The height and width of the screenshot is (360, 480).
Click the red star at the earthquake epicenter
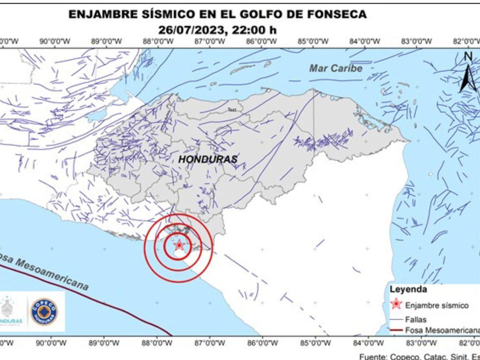pyautogui.click(x=179, y=244)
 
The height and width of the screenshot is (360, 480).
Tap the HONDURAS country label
pyautogui.click(x=208, y=159)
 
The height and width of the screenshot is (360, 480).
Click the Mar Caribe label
pyautogui.click(x=336, y=68)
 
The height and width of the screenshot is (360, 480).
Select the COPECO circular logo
pyautogui.click(x=44, y=312)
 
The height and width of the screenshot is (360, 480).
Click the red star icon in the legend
pyautogui.click(x=396, y=304)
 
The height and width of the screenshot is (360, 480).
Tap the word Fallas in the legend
pyautogui.click(x=416, y=319)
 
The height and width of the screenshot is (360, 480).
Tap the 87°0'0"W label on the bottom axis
pyautogui.click(x=209, y=343)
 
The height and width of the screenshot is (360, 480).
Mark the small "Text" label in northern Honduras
pyautogui.click(x=232, y=109)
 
